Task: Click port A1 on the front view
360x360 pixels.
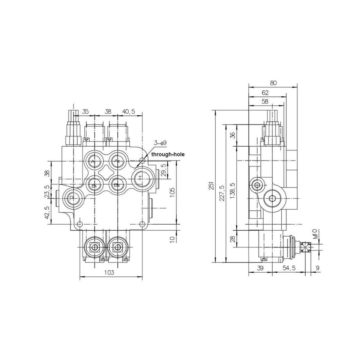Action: [x=93, y=161]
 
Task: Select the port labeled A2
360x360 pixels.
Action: [x=117, y=161]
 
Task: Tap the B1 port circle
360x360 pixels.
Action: [x=94, y=184]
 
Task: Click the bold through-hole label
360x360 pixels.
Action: [x=168, y=154]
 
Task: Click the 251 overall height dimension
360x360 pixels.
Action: [x=211, y=186]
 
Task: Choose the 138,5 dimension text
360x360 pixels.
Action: [x=232, y=190]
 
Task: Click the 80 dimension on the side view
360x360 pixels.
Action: [x=273, y=83]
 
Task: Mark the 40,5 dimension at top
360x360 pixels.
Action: [x=129, y=111]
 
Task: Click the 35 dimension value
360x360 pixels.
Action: [x=85, y=111]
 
